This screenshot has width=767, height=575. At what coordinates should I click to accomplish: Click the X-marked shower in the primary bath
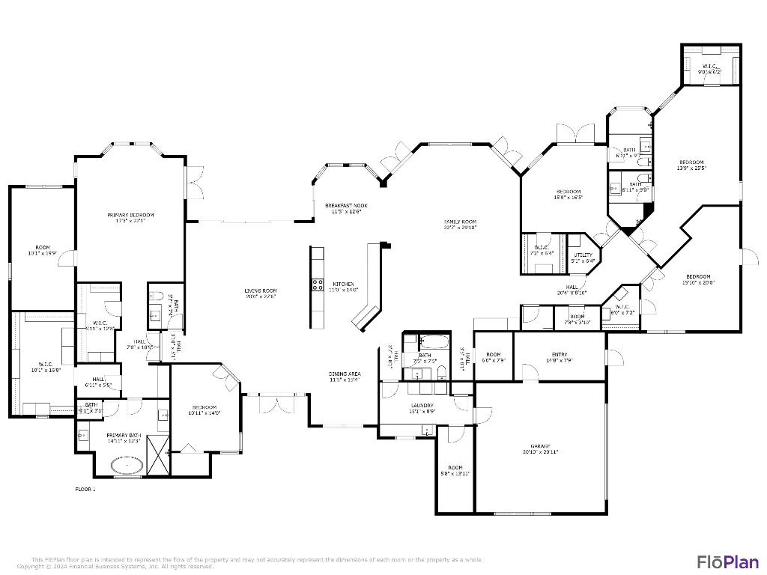[x=158, y=455]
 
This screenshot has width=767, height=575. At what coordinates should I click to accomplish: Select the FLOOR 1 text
[x=85, y=489]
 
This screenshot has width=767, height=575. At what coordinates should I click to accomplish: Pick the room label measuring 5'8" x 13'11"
[x=455, y=470]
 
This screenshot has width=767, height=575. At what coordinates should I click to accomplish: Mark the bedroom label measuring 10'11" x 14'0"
[x=204, y=410]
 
